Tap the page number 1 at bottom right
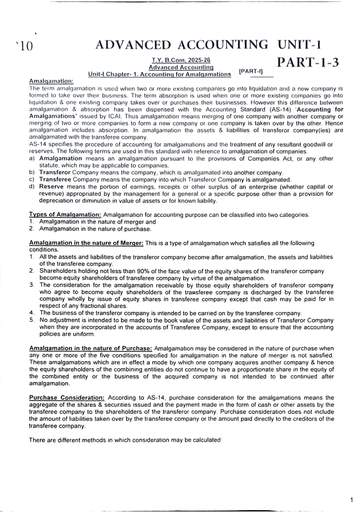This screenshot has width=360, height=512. (351, 498)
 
